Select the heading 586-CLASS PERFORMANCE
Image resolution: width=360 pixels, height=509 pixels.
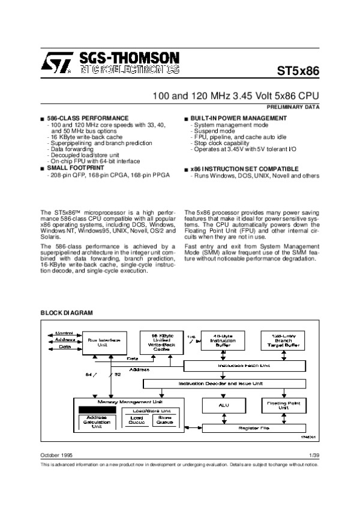88,118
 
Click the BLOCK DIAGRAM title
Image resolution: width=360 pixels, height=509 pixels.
67,313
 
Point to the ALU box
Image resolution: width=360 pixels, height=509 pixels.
220,406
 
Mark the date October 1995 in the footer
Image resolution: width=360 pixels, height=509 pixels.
56,456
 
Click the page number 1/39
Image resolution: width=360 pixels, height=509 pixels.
313,456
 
